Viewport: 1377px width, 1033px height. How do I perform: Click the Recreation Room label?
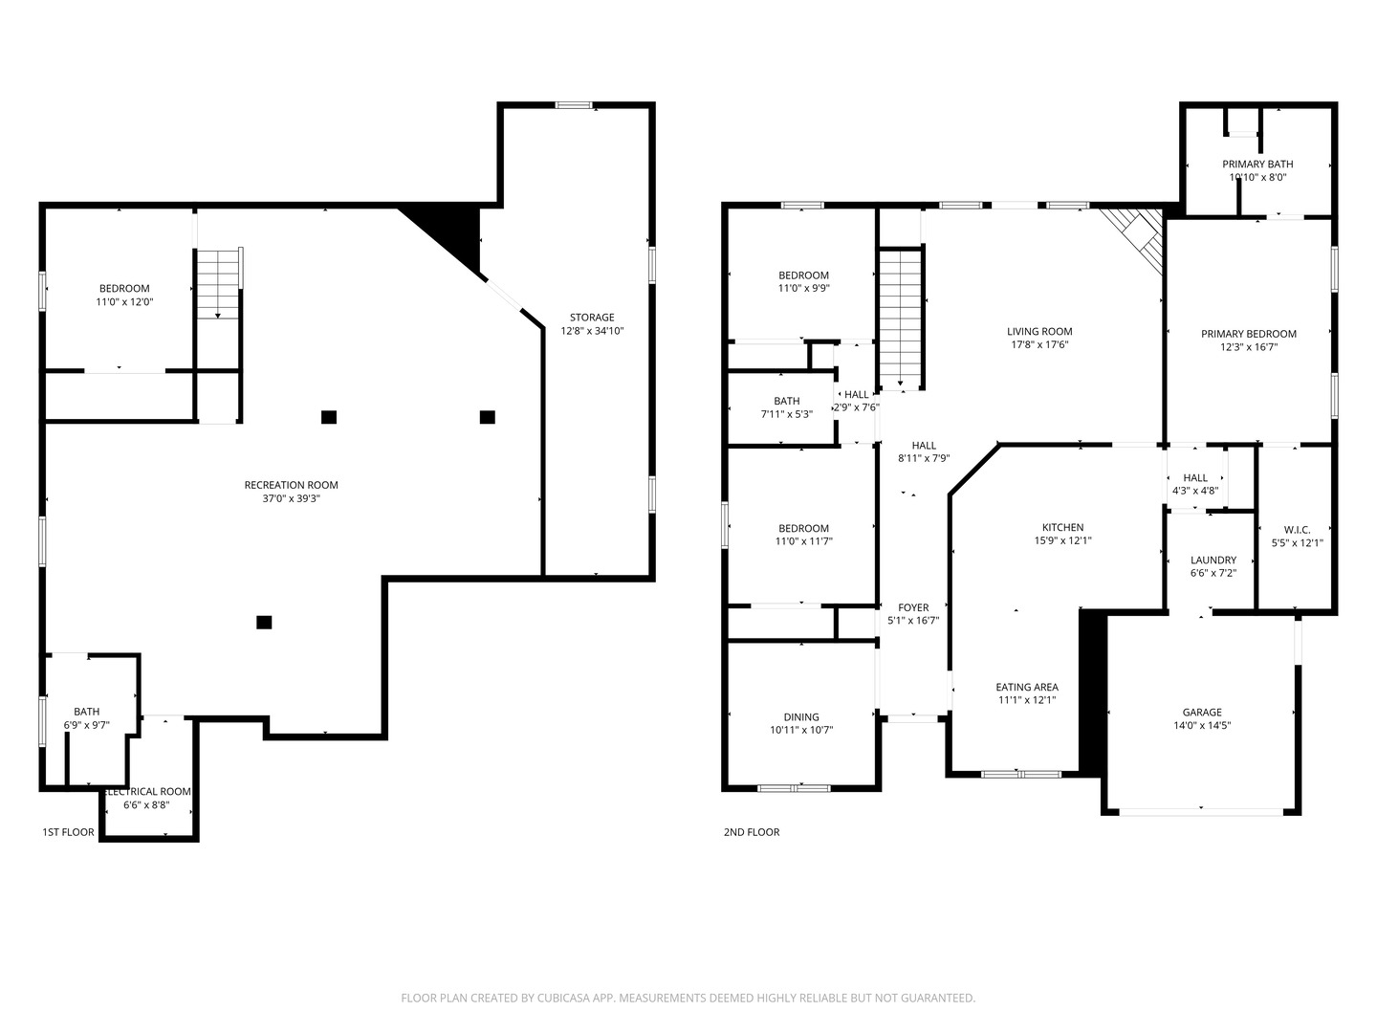[x=291, y=485]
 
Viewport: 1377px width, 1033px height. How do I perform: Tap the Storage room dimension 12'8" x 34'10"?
[x=592, y=331]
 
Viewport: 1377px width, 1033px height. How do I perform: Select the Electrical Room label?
[x=148, y=792]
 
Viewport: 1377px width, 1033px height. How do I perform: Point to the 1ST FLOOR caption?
[x=69, y=832]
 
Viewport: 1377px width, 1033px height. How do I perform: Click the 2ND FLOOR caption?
[x=752, y=832]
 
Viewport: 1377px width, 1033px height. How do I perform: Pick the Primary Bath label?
[x=1257, y=164]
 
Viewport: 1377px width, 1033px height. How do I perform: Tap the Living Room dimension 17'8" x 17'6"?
[x=1039, y=344]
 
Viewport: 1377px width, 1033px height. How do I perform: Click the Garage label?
[x=1202, y=712]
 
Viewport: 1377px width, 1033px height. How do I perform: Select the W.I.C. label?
[x=1298, y=530]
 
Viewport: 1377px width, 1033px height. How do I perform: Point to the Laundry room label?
[x=1213, y=560]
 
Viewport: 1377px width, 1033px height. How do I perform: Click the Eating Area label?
[x=1027, y=687]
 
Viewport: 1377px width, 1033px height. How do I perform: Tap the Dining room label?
[x=801, y=717]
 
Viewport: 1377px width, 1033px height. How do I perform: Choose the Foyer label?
[x=913, y=607]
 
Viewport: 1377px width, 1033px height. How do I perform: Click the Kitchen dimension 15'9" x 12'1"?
[x=1062, y=540]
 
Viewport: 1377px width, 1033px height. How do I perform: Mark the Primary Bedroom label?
[x=1249, y=334]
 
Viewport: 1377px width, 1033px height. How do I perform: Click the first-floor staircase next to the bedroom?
[x=218, y=283]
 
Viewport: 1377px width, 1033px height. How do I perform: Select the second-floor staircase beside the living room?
[x=900, y=319]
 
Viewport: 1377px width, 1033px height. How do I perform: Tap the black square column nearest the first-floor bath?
[x=264, y=622]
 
